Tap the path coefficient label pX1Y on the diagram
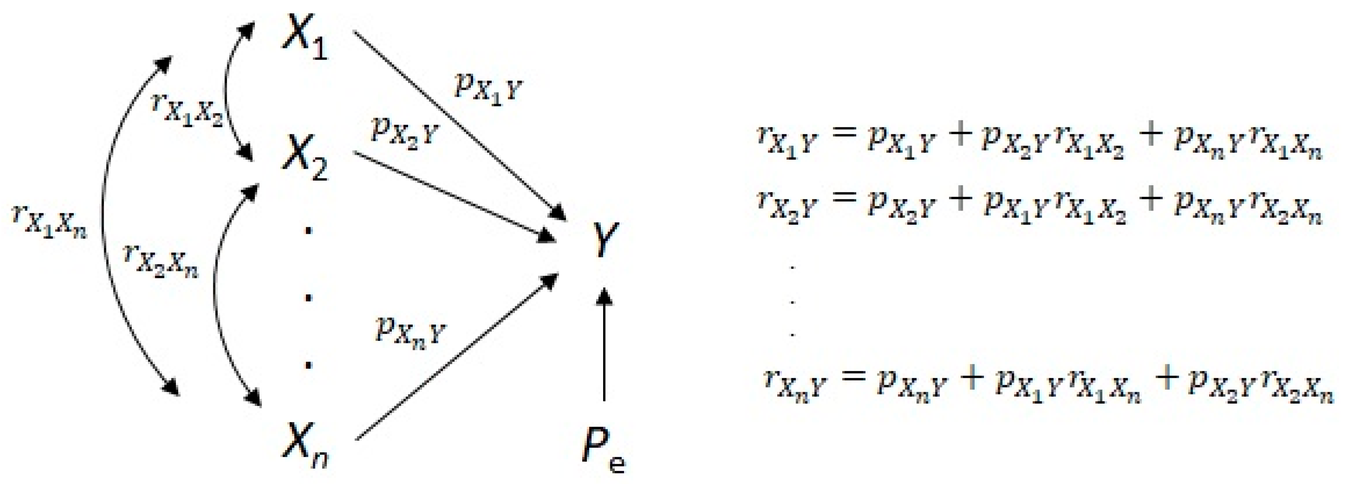pos(488,89)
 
